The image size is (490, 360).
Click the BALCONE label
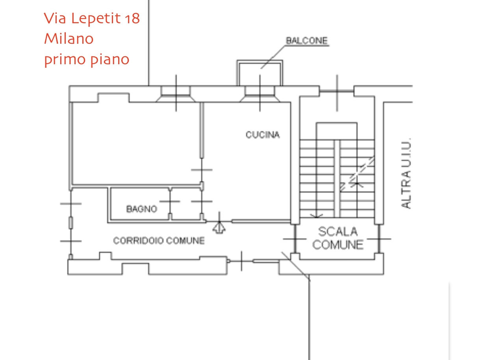pyautogui.click(x=307, y=41)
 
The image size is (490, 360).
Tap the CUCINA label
pyautogui.click(x=263, y=135)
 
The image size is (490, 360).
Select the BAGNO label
pyautogui.click(x=142, y=209)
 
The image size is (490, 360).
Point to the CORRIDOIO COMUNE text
pyautogui.click(x=159, y=241)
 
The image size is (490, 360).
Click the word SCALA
pyautogui.click(x=338, y=232)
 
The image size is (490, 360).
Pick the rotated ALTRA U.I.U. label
pyautogui.click(x=406, y=173)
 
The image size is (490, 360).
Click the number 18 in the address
pyautogui.click(x=132, y=18)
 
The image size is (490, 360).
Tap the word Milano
pyautogui.click(x=69, y=39)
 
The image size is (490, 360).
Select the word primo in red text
pyautogui.click(x=65, y=59)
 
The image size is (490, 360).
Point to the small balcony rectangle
pyautogui.click(x=260, y=73)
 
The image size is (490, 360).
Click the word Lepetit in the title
pyautogui.click(x=96, y=18)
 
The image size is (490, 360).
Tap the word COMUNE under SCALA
pyautogui.click(x=338, y=245)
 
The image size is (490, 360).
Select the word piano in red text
pyautogui.click(x=110, y=59)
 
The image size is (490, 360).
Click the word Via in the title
pyautogui.click(x=55, y=18)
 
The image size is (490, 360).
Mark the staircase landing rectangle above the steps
pyautogui.click(x=337, y=131)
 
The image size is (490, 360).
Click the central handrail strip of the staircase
pyautogui.click(x=337, y=179)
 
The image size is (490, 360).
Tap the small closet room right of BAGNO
pyautogui.click(x=186, y=203)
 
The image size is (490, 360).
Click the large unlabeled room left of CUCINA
pyautogui.click(x=136, y=143)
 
